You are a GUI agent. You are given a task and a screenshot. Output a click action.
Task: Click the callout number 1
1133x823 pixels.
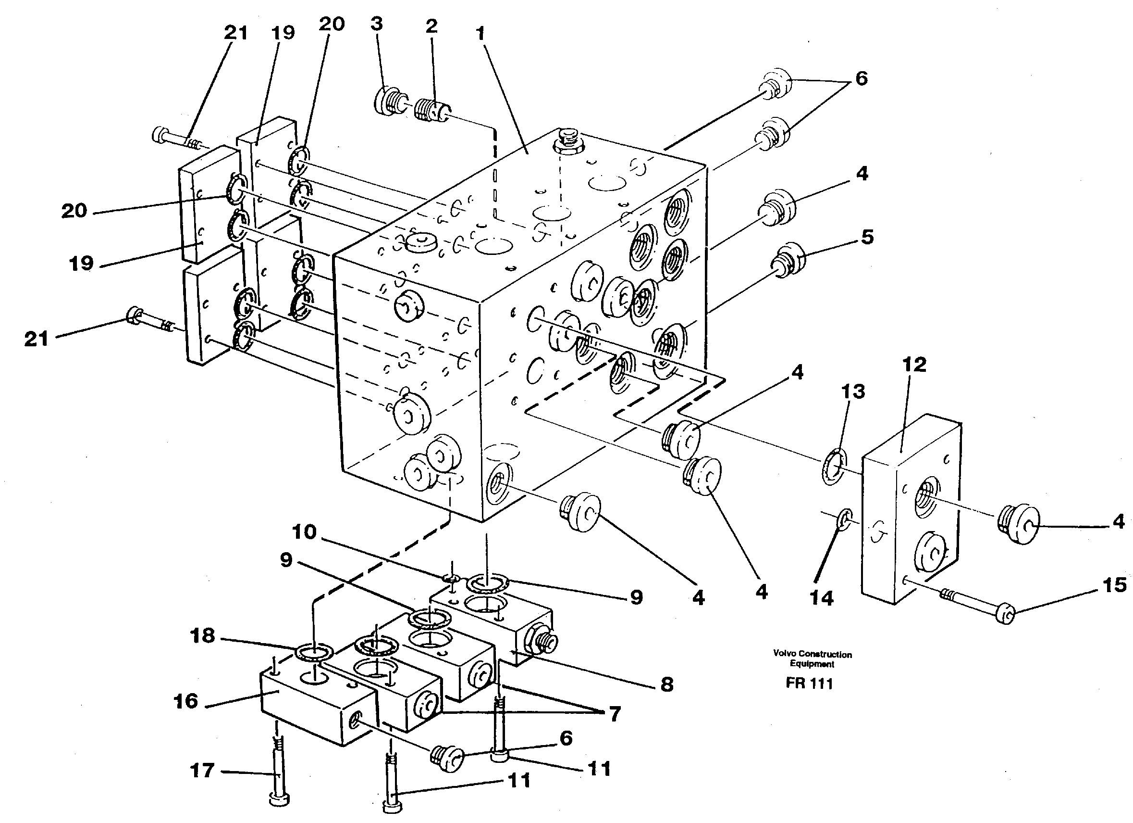(x=480, y=34)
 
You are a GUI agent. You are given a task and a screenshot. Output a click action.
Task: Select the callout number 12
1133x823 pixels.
(x=914, y=365)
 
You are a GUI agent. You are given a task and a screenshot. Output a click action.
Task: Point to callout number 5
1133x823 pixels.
(x=867, y=237)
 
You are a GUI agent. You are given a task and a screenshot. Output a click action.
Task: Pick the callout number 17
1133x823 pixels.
(x=202, y=771)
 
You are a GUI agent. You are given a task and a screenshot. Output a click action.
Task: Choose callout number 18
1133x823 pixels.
(x=203, y=636)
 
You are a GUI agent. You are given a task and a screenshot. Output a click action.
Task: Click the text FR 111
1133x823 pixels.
(x=809, y=684)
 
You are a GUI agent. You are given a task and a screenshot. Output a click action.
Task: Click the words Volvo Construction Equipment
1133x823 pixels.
(x=813, y=658)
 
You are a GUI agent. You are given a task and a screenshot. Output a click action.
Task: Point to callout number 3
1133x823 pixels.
(x=377, y=24)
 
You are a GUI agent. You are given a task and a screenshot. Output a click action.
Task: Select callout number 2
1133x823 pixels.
(x=431, y=26)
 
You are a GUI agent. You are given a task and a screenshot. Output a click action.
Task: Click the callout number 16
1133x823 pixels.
(x=186, y=701)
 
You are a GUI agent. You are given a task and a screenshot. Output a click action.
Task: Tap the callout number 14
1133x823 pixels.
(x=822, y=597)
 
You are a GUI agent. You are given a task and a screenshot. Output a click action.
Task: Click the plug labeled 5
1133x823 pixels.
(x=789, y=258)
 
